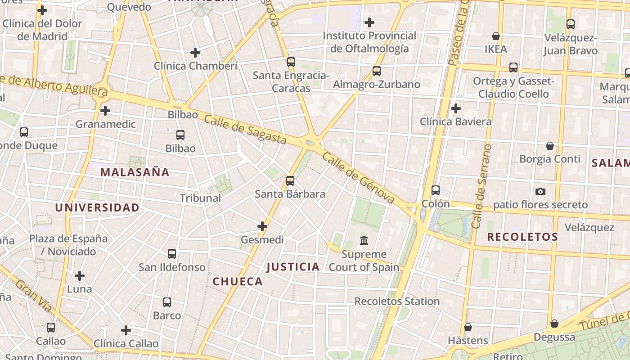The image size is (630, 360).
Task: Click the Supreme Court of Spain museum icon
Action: click(x=364, y=241)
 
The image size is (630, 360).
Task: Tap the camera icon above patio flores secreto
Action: click(x=540, y=191)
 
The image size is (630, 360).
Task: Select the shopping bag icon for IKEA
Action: click(x=496, y=36)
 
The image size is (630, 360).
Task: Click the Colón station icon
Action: click(x=435, y=190)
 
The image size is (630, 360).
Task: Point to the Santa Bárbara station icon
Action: click(x=290, y=181)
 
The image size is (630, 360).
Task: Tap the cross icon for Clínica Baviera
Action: click(x=456, y=108)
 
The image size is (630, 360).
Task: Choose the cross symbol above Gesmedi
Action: click(x=262, y=226)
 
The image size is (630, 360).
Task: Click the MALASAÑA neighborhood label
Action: click(x=135, y=172)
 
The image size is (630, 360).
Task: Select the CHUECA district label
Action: click(x=238, y=282)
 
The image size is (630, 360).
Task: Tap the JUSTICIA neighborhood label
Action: click(x=293, y=267)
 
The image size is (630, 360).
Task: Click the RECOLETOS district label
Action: click(x=522, y=237)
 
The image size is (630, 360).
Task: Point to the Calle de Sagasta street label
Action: click(x=245, y=130)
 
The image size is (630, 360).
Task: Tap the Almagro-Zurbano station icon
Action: click(x=377, y=71)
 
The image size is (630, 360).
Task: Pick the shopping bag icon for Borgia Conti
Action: click(x=549, y=146)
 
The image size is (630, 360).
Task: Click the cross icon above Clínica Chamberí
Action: click(x=195, y=53)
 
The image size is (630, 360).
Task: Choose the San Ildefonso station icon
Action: click(x=172, y=254)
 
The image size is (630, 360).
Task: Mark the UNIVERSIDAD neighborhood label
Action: click(x=97, y=207)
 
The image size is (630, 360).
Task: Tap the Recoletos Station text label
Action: click(x=397, y=301)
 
